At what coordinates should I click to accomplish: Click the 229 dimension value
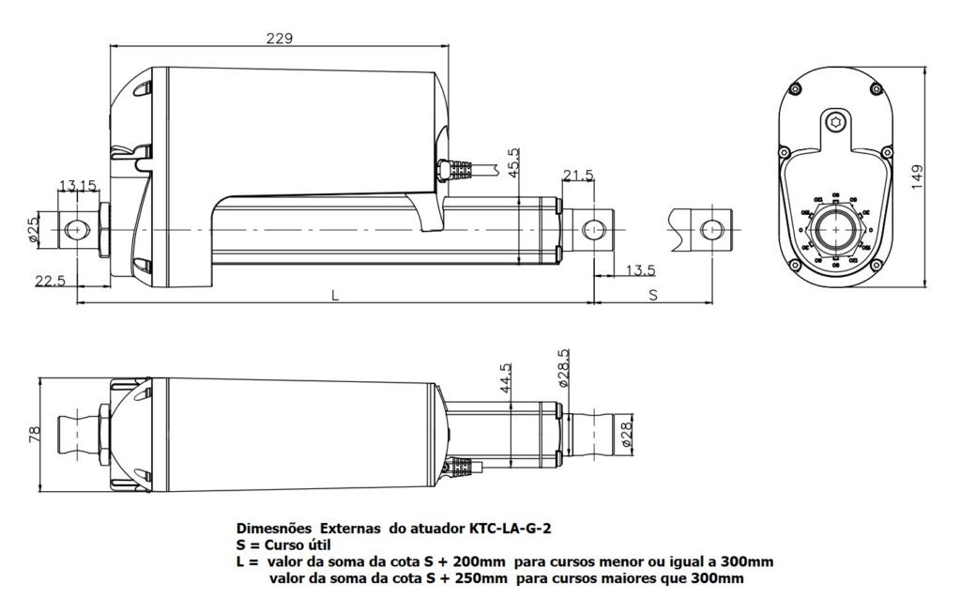pyautogui.click(x=279, y=38)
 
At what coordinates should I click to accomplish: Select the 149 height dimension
pyautogui.click(x=917, y=177)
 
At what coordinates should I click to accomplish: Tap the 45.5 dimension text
pyautogui.click(x=512, y=163)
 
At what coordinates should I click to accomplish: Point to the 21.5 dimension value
pyautogui.click(x=578, y=176)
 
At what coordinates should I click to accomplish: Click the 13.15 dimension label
pyautogui.click(x=78, y=185)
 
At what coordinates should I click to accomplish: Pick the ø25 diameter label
pyautogui.click(x=35, y=230)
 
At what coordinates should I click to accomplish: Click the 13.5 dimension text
pyautogui.click(x=638, y=270)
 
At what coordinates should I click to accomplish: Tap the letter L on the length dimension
pyautogui.click(x=335, y=295)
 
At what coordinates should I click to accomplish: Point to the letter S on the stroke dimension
pyautogui.click(x=654, y=295)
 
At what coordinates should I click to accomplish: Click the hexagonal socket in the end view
pyautogui.click(x=835, y=121)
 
